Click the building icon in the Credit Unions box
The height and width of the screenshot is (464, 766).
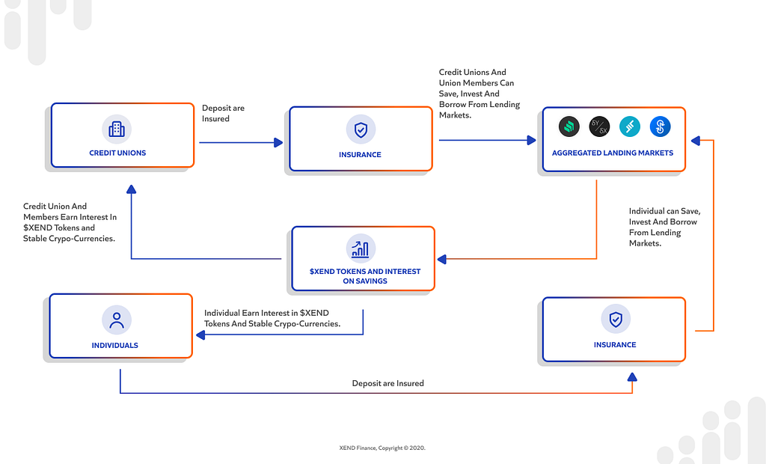click(x=117, y=129)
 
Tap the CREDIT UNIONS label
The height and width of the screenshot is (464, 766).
click(x=117, y=153)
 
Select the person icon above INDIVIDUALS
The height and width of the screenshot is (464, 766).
click(x=117, y=320)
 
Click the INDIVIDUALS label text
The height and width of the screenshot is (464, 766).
click(x=114, y=345)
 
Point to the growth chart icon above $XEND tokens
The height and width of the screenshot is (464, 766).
click(x=361, y=249)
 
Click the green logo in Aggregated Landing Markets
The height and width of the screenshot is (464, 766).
click(x=569, y=126)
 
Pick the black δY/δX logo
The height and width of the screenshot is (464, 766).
click(x=599, y=126)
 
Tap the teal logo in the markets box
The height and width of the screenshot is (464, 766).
click(x=630, y=126)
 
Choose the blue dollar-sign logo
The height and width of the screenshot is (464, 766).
click(x=660, y=126)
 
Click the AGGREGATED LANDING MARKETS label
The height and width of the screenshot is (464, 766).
click(x=613, y=153)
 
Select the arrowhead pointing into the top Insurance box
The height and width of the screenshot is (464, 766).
click(x=278, y=143)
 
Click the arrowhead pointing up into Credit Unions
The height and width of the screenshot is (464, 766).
click(x=131, y=189)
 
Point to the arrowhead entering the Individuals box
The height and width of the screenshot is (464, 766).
click(x=200, y=335)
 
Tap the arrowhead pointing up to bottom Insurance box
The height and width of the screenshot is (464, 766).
click(x=632, y=377)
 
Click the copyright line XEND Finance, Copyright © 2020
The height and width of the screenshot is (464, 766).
click(x=382, y=448)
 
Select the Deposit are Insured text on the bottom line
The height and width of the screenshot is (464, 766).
click(x=388, y=383)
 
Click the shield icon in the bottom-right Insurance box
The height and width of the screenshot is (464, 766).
click(x=616, y=320)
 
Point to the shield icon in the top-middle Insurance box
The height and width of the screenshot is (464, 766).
click(x=361, y=129)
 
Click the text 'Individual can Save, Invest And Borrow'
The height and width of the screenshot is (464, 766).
click(x=664, y=216)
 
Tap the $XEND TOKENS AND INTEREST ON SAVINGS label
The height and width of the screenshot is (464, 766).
click(x=365, y=276)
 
